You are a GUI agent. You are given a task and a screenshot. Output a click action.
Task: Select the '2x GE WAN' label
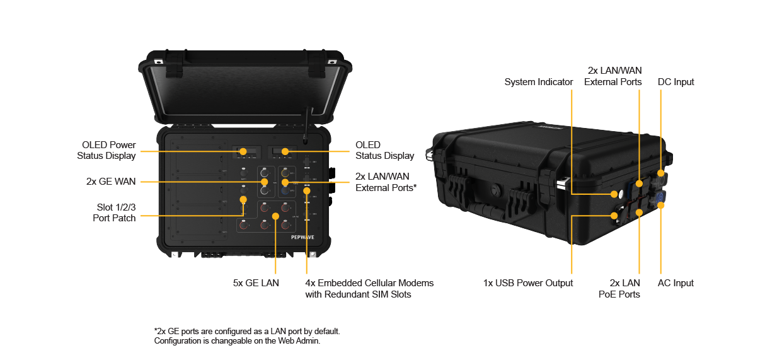click(111, 182)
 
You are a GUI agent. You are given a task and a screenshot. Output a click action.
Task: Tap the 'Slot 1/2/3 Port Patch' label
click(113, 212)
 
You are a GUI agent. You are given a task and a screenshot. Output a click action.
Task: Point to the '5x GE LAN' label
click(255, 283)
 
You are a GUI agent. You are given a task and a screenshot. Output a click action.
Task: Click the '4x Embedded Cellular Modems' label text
click(369, 283)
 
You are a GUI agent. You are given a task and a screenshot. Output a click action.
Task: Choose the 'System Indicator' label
click(539, 82)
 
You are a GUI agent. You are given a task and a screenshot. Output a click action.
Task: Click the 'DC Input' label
click(676, 82)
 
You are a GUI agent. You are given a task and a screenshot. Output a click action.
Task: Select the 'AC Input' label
click(676, 283)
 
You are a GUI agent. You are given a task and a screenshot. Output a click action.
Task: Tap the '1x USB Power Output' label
click(528, 283)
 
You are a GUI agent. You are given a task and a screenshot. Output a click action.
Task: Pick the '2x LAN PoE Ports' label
click(624, 289)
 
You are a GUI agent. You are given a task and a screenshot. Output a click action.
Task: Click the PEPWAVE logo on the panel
click(303, 238)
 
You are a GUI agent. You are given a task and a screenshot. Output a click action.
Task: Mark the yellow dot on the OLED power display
click(243, 151)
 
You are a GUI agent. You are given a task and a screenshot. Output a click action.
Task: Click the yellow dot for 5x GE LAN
click(275, 216)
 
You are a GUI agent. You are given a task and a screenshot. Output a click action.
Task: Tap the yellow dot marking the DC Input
click(660, 173)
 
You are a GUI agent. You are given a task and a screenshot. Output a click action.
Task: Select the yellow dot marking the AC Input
click(660, 204)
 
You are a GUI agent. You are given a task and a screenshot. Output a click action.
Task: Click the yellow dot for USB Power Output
click(614, 216)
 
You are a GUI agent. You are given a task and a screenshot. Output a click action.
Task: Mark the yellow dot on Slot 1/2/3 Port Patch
click(243, 199)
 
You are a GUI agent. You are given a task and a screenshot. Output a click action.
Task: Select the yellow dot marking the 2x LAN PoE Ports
click(639, 212)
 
